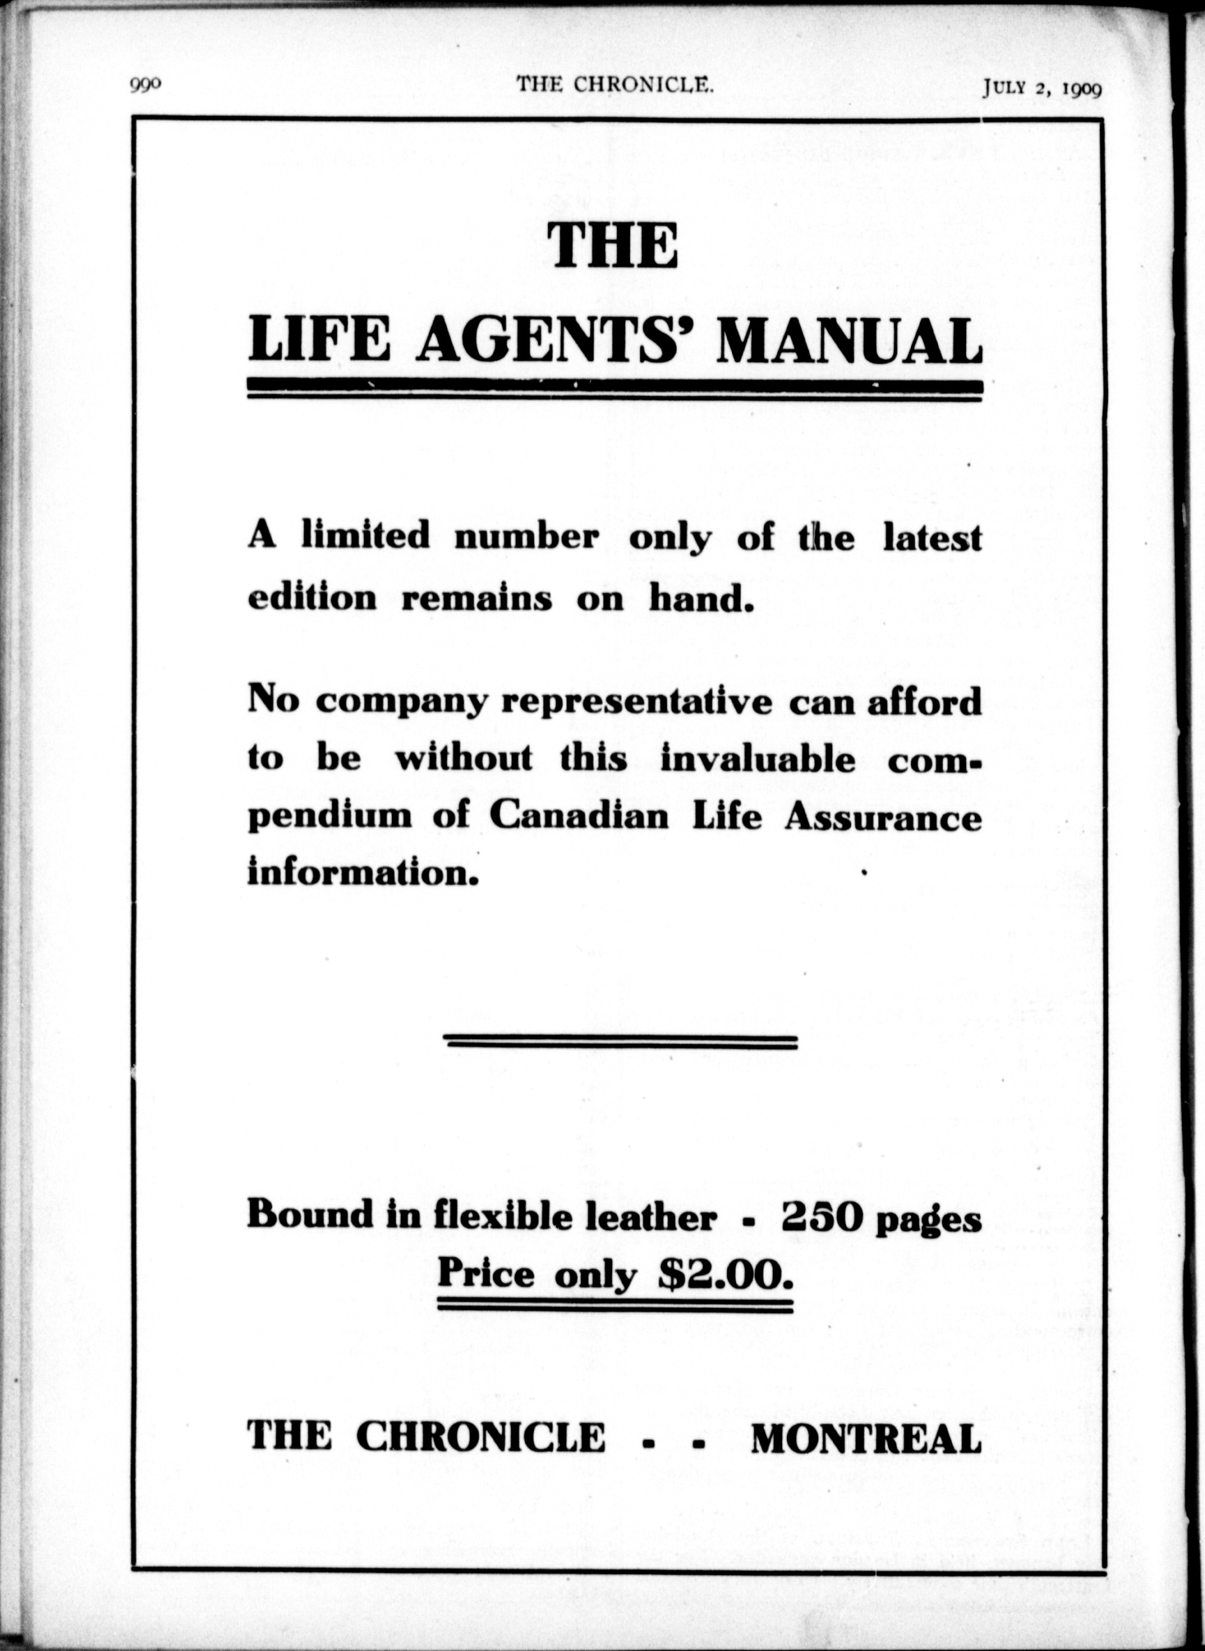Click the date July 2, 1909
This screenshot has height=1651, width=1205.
(x=1041, y=88)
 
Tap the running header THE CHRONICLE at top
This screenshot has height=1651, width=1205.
(x=614, y=85)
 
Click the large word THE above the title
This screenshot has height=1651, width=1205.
(x=612, y=245)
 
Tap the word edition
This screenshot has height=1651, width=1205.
(x=312, y=597)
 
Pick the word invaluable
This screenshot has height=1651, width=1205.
(x=757, y=758)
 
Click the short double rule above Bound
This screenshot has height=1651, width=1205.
(x=620, y=1042)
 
